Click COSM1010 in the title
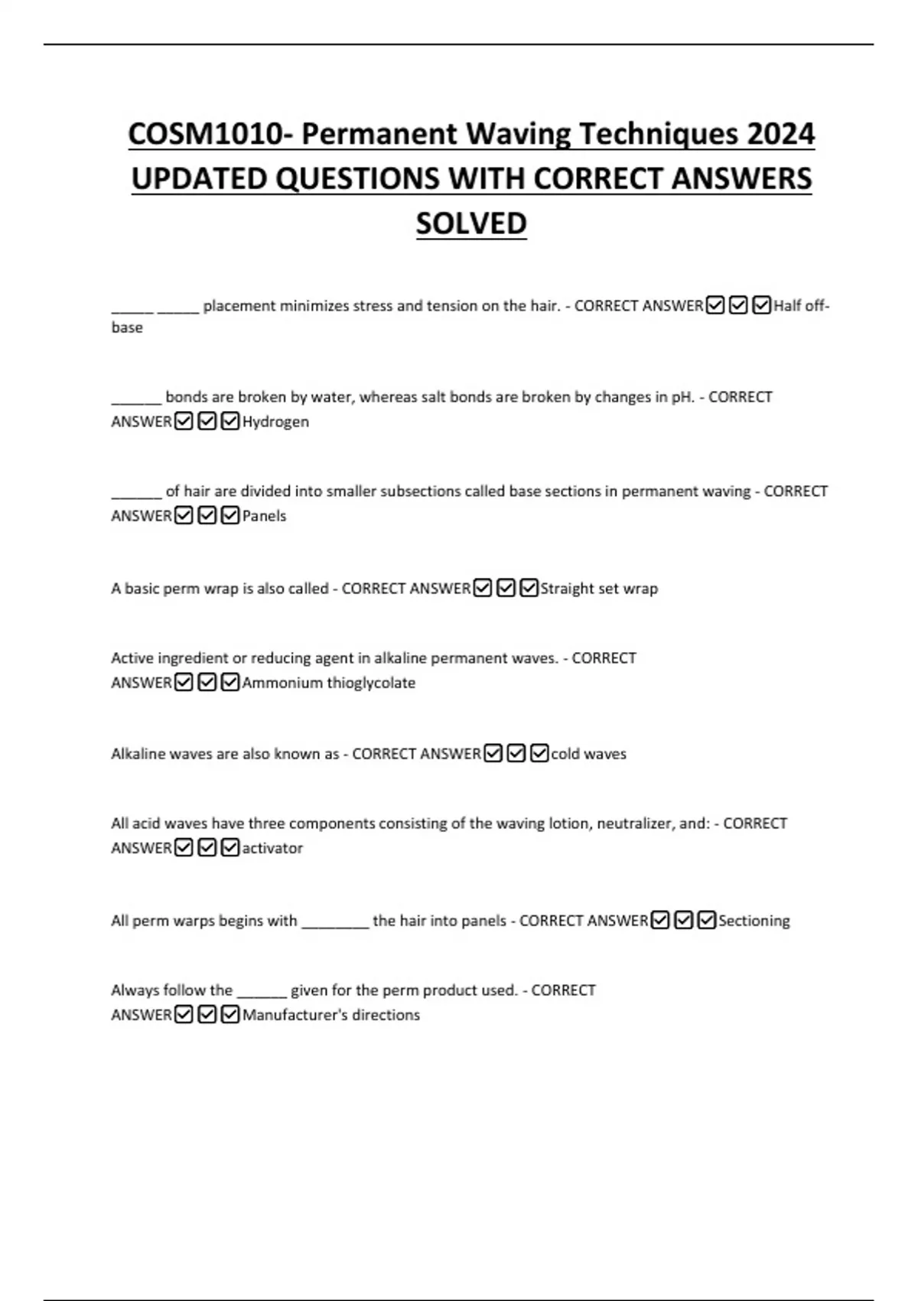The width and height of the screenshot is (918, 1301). pos(205,135)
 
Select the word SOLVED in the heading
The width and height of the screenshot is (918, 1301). pos(471,223)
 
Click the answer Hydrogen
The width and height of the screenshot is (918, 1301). pos(275,422)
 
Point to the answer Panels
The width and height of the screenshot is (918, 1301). pos(264,516)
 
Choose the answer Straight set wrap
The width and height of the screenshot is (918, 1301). pos(599,589)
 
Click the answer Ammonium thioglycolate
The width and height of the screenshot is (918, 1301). pos(329,683)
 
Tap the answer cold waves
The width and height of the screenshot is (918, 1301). pos(588,754)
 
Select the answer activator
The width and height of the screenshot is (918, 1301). pos(272,848)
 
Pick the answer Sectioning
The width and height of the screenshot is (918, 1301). pos(754,921)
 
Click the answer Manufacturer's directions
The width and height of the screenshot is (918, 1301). pos(331,1015)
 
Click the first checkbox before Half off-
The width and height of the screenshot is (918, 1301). pos(715,306)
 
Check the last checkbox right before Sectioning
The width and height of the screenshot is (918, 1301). pos(707,921)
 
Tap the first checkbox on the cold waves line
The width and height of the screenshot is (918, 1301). pos(493,754)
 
